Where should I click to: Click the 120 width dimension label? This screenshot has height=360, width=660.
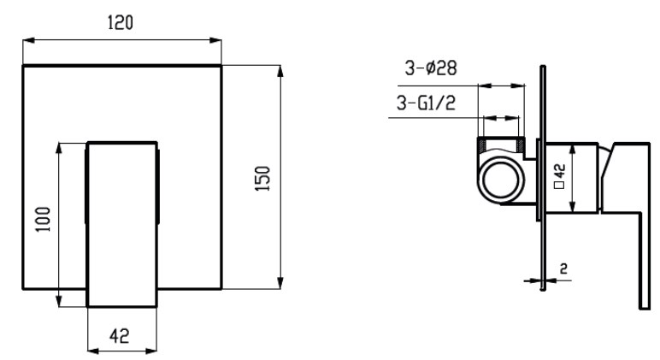[x=121, y=22]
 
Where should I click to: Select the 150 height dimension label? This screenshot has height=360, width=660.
[x=262, y=179]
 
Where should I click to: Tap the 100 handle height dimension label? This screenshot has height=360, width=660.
[x=43, y=219]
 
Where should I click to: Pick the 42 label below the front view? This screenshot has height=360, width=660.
[x=120, y=336]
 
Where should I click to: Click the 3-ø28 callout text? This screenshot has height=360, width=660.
[x=431, y=68]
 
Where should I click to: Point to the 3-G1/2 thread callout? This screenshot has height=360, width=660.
[x=426, y=103]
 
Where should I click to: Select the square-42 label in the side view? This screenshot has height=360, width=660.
[x=560, y=176]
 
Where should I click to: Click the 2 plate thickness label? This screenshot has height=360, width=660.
[x=563, y=268]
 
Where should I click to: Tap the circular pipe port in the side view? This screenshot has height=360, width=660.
[x=501, y=179]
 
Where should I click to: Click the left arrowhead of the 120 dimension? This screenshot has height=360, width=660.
[x=28, y=40]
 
